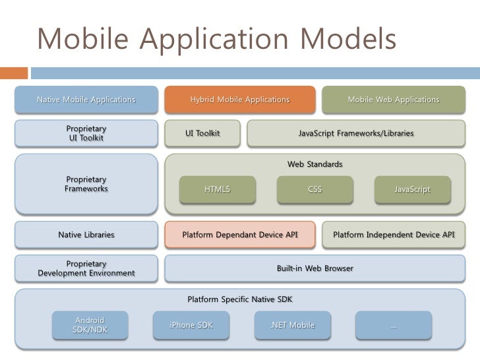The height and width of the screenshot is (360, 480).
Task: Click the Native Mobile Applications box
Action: click(x=86, y=100)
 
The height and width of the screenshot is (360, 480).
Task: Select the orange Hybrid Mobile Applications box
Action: click(x=239, y=100)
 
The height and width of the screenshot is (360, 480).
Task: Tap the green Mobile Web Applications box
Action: click(x=393, y=100)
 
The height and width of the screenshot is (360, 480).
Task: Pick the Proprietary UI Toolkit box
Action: click(x=86, y=133)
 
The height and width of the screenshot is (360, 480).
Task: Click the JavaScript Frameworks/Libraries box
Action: click(x=356, y=133)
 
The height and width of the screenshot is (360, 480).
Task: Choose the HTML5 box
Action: click(x=217, y=189)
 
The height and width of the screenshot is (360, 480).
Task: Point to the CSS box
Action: click(x=315, y=189)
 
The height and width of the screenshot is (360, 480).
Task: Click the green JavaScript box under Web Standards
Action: click(x=412, y=189)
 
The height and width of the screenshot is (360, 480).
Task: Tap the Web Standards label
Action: click(x=315, y=164)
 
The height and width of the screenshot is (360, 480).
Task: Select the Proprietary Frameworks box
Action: click(x=86, y=184)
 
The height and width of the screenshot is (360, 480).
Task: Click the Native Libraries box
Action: click(x=86, y=235)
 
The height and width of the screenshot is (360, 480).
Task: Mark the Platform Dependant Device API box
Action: click(x=240, y=235)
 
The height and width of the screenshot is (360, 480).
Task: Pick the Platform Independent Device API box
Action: click(x=394, y=235)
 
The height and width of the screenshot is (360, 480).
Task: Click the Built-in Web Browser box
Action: click(x=315, y=268)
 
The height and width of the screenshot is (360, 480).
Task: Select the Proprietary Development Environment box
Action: click(x=86, y=268)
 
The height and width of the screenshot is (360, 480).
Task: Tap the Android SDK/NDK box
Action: click(x=90, y=325)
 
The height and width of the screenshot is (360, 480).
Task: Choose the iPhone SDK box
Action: click(x=191, y=325)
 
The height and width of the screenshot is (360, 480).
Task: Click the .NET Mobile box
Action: click(x=292, y=325)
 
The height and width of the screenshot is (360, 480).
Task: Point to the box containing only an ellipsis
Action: click(x=394, y=325)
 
